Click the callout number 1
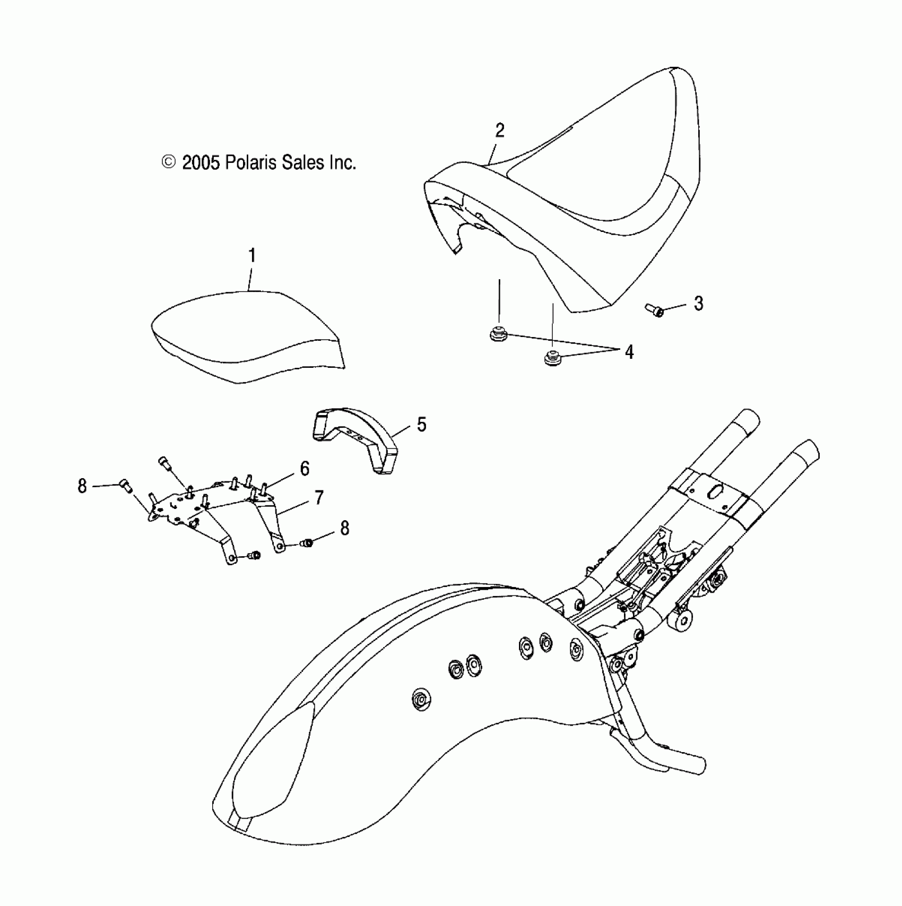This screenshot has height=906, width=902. [253, 256]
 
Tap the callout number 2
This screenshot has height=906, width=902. [499, 131]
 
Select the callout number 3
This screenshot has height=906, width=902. [698, 304]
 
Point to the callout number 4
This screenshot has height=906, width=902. [629, 352]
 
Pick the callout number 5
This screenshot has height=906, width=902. [421, 425]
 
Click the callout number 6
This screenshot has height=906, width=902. [305, 469]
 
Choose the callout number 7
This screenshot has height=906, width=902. [318, 498]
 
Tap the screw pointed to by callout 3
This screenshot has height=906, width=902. [655, 309]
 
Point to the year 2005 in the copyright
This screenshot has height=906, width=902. [201, 162]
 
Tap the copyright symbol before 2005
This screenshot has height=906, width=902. [169, 162]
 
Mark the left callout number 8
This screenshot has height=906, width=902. [82, 486]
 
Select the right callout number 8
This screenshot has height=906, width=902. [344, 528]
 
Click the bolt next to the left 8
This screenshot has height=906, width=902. [126, 485]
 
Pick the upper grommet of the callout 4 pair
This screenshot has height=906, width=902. [498, 335]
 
